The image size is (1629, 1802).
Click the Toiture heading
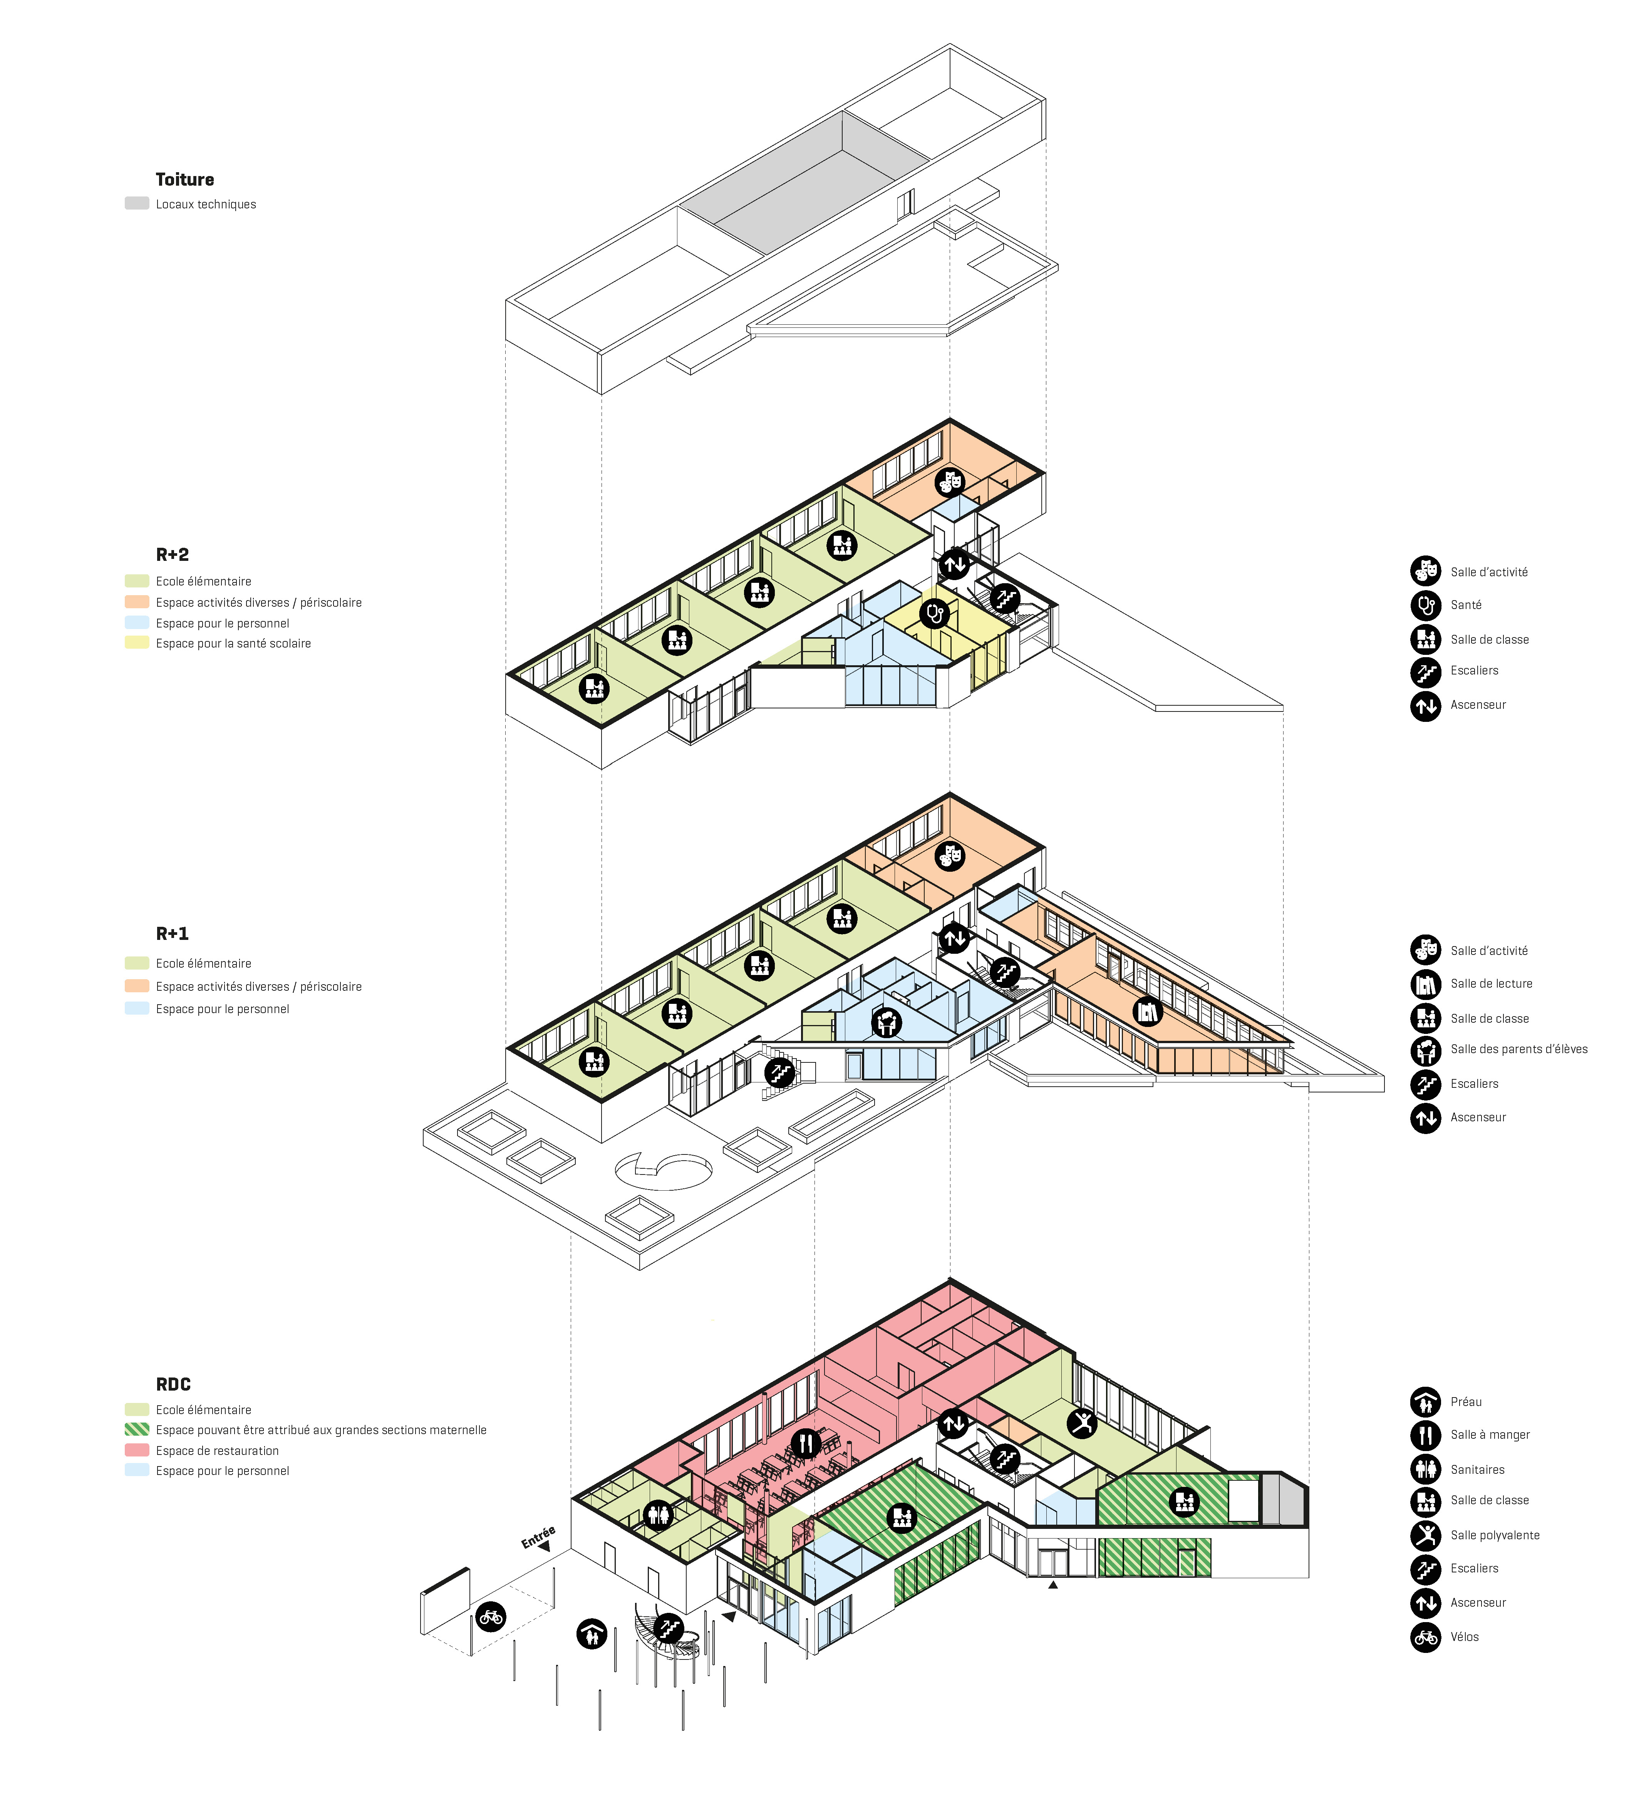(x=185, y=180)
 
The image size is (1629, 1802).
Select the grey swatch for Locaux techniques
(x=137, y=203)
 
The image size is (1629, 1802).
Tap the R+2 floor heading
(x=173, y=555)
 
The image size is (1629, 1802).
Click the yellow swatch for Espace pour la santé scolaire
(x=137, y=642)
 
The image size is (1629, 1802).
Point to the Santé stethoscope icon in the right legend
(x=1425, y=605)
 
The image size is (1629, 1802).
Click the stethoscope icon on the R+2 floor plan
(x=935, y=614)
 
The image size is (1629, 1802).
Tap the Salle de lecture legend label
(x=1492, y=983)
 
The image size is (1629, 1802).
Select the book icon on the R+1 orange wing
(x=1147, y=1012)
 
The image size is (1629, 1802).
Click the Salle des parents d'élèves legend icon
(x=1425, y=1049)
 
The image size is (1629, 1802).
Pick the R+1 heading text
(x=173, y=934)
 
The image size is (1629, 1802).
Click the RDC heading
(x=173, y=1384)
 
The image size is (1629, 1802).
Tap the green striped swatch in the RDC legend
(x=137, y=1429)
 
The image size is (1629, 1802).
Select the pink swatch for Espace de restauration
(x=137, y=1450)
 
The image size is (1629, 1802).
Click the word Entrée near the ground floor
(x=538, y=1537)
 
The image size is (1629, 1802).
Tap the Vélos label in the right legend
(x=1465, y=1637)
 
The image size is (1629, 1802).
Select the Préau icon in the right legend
(x=1425, y=1401)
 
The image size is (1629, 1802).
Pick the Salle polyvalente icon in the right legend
(x=1425, y=1535)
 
